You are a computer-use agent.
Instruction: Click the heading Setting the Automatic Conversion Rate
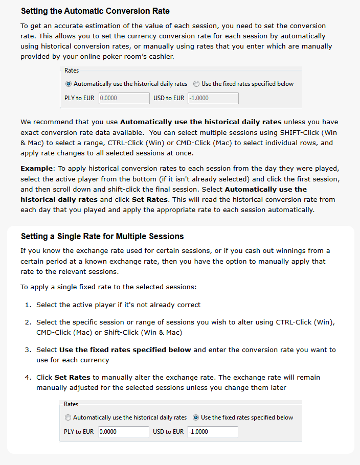point(95,11)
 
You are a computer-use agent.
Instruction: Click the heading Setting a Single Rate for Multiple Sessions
point(102,237)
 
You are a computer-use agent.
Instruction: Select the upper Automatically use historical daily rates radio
point(69,84)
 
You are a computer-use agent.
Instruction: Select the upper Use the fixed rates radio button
point(196,84)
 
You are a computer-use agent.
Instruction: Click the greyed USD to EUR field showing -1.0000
point(213,98)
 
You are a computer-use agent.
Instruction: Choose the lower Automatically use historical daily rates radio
point(68,417)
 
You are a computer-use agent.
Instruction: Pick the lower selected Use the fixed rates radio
point(196,417)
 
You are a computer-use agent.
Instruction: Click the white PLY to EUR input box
point(123,432)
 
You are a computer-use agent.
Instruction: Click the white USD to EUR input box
point(212,432)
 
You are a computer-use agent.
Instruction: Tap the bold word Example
point(37,168)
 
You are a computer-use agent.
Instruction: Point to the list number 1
point(28,305)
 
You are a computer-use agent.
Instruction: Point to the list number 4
point(28,378)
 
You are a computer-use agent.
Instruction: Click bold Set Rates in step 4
point(73,378)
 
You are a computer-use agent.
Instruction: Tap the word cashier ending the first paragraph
point(160,57)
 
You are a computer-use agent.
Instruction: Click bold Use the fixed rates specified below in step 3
point(125,350)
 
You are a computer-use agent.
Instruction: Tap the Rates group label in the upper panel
point(72,71)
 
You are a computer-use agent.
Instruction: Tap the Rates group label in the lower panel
point(71,404)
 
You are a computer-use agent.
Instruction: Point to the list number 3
point(28,350)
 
